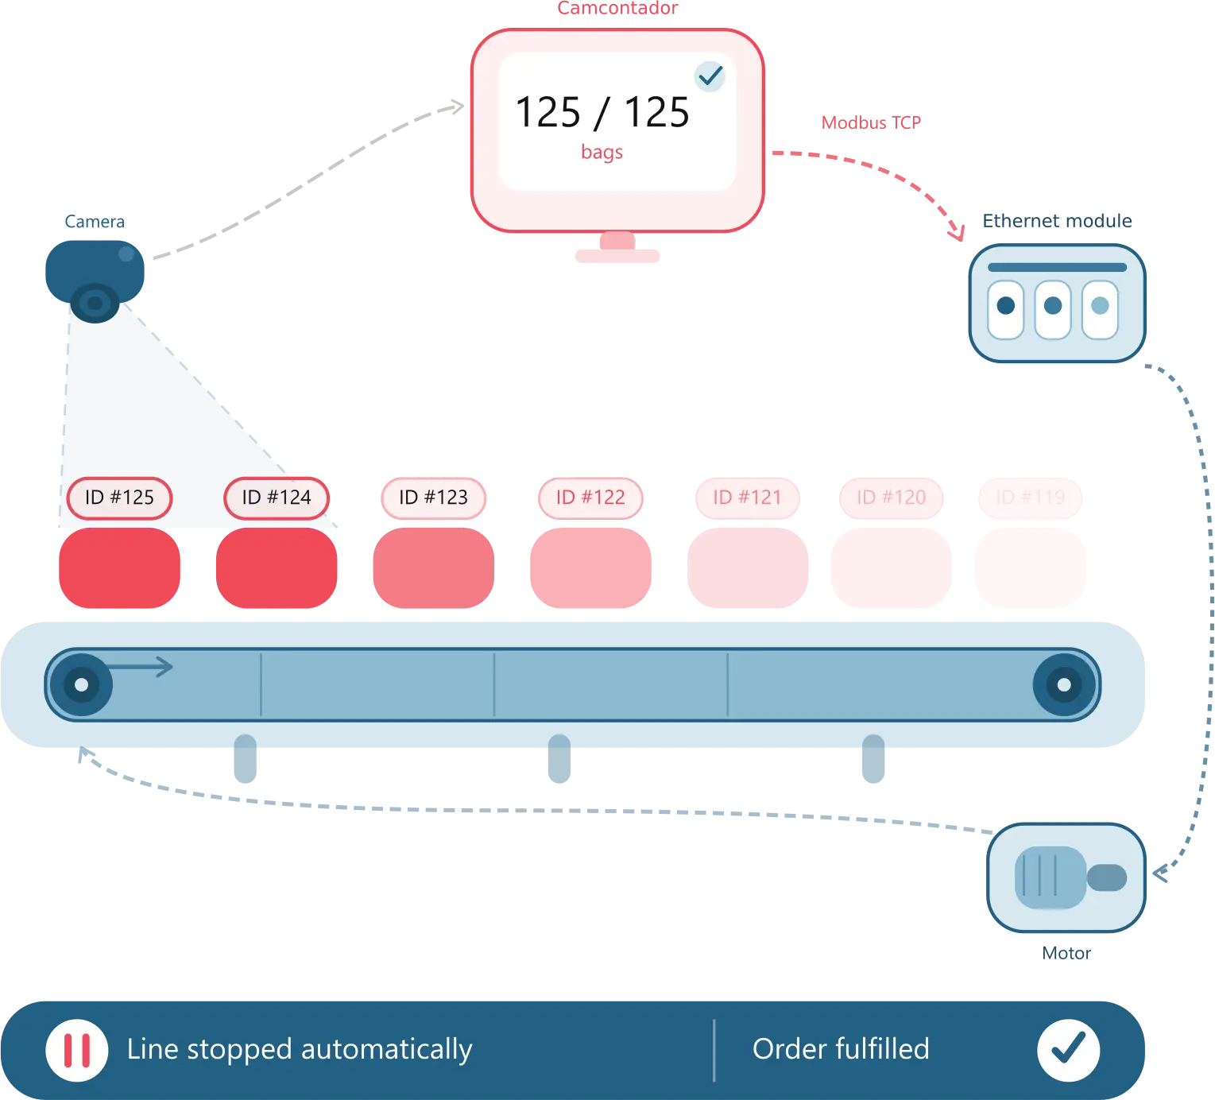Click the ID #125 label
coord(119,498)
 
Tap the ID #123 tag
coord(433,498)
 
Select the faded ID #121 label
coord(747,498)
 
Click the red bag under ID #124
coord(277,569)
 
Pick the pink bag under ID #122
coord(590,569)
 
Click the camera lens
coord(95,303)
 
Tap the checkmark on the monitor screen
coord(710,76)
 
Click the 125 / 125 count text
coord(602,112)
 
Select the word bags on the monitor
coord(602,152)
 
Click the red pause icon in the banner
coord(77,1050)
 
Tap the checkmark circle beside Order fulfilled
coord(1068,1049)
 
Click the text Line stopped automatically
coord(300,1049)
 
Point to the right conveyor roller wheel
coord(1064,684)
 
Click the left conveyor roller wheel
coord(81,684)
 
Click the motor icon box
coord(1066,878)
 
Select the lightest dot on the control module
coord(1101,306)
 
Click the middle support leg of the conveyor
coord(559,761)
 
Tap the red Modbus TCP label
coord(871,123)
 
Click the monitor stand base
coord(617,256)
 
